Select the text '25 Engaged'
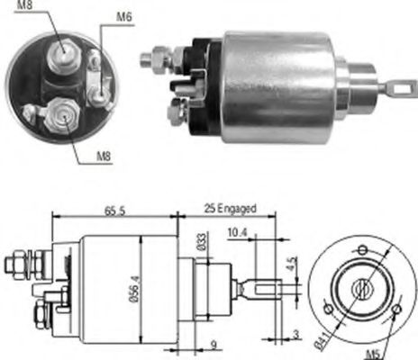click(230, 209)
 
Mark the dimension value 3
click(297, 335)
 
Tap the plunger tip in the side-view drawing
click(271, 291)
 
